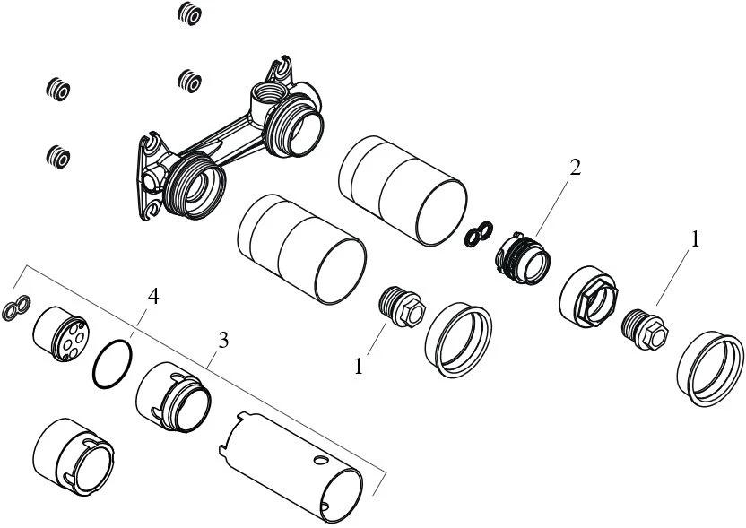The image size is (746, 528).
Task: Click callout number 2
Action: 575,168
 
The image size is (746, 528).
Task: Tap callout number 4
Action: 153,297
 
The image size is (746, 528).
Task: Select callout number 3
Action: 223,340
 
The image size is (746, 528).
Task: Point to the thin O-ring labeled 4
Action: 113,365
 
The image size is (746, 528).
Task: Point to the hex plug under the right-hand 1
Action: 646,327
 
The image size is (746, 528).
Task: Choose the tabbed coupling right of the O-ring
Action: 173,399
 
